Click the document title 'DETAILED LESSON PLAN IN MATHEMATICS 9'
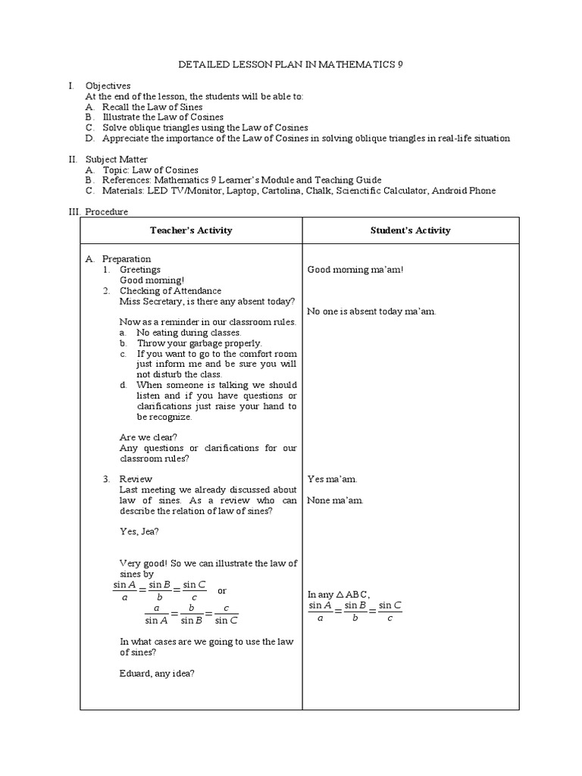290,65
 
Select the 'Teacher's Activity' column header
191,230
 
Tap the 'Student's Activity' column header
411,230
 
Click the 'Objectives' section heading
108,86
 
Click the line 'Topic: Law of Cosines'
151,170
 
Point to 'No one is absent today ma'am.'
371,311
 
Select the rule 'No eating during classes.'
189,333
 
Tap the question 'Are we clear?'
149,437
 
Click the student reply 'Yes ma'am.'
332,479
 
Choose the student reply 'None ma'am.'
335,500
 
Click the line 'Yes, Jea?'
139,531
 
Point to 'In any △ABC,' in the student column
338,594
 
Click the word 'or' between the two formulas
222,590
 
